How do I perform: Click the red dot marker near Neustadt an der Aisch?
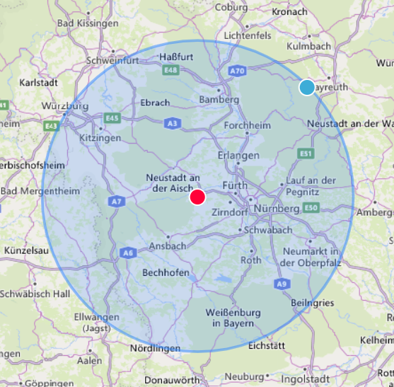[197, 197]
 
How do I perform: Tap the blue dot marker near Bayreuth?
[306, 87]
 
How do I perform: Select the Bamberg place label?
[219, 100]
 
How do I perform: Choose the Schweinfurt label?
[113, 60]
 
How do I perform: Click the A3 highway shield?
[171, 123]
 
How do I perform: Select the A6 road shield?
[127, 253]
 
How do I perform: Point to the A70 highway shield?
[237, 71]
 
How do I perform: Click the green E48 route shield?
[170, 70]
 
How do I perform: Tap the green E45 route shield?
[111, 118]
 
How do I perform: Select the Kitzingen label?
[100, 138]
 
